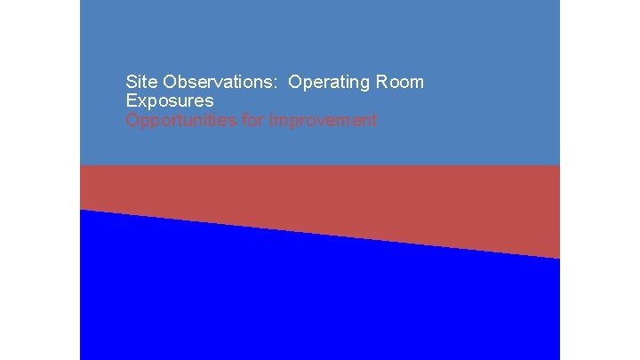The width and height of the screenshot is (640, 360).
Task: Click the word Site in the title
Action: click(140, 82)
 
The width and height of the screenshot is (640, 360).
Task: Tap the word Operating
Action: click(330, 83)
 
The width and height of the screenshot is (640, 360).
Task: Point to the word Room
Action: click(400, 82)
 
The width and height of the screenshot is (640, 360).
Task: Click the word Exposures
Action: click(170, 101)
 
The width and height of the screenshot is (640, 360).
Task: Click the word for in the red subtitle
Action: click(253, 120)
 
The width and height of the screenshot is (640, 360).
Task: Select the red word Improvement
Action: click(324, 120)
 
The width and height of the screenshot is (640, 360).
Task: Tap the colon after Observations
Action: click(278, 83)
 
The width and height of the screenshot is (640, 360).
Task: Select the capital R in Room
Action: click(381, 82)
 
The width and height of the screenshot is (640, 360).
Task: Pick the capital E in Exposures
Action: click(132, 101)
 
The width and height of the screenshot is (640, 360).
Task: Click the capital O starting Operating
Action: click(295, 82)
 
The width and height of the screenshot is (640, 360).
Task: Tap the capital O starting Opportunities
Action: click(132, 120)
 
